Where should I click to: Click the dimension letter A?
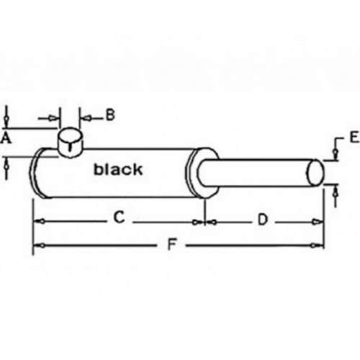click(6, 139)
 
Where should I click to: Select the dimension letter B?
click(110, 115)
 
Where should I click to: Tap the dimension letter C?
click(119, 217)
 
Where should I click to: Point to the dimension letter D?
click(263, 220)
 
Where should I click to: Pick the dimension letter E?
click(354, 137)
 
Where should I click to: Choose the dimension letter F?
click(172, 244)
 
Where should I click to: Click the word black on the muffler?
click(118, 169)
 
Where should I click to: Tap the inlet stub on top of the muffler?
click(70, 143)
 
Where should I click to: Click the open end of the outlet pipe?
click(315, 173)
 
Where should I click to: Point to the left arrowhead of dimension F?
click(40, 246)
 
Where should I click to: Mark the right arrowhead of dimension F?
click(315, 246)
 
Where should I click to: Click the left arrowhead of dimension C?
click(40, 221)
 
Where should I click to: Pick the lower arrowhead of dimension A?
click(7, 165)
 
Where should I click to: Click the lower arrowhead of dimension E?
click(336, 192)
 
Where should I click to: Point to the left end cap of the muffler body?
click(36, 174)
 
